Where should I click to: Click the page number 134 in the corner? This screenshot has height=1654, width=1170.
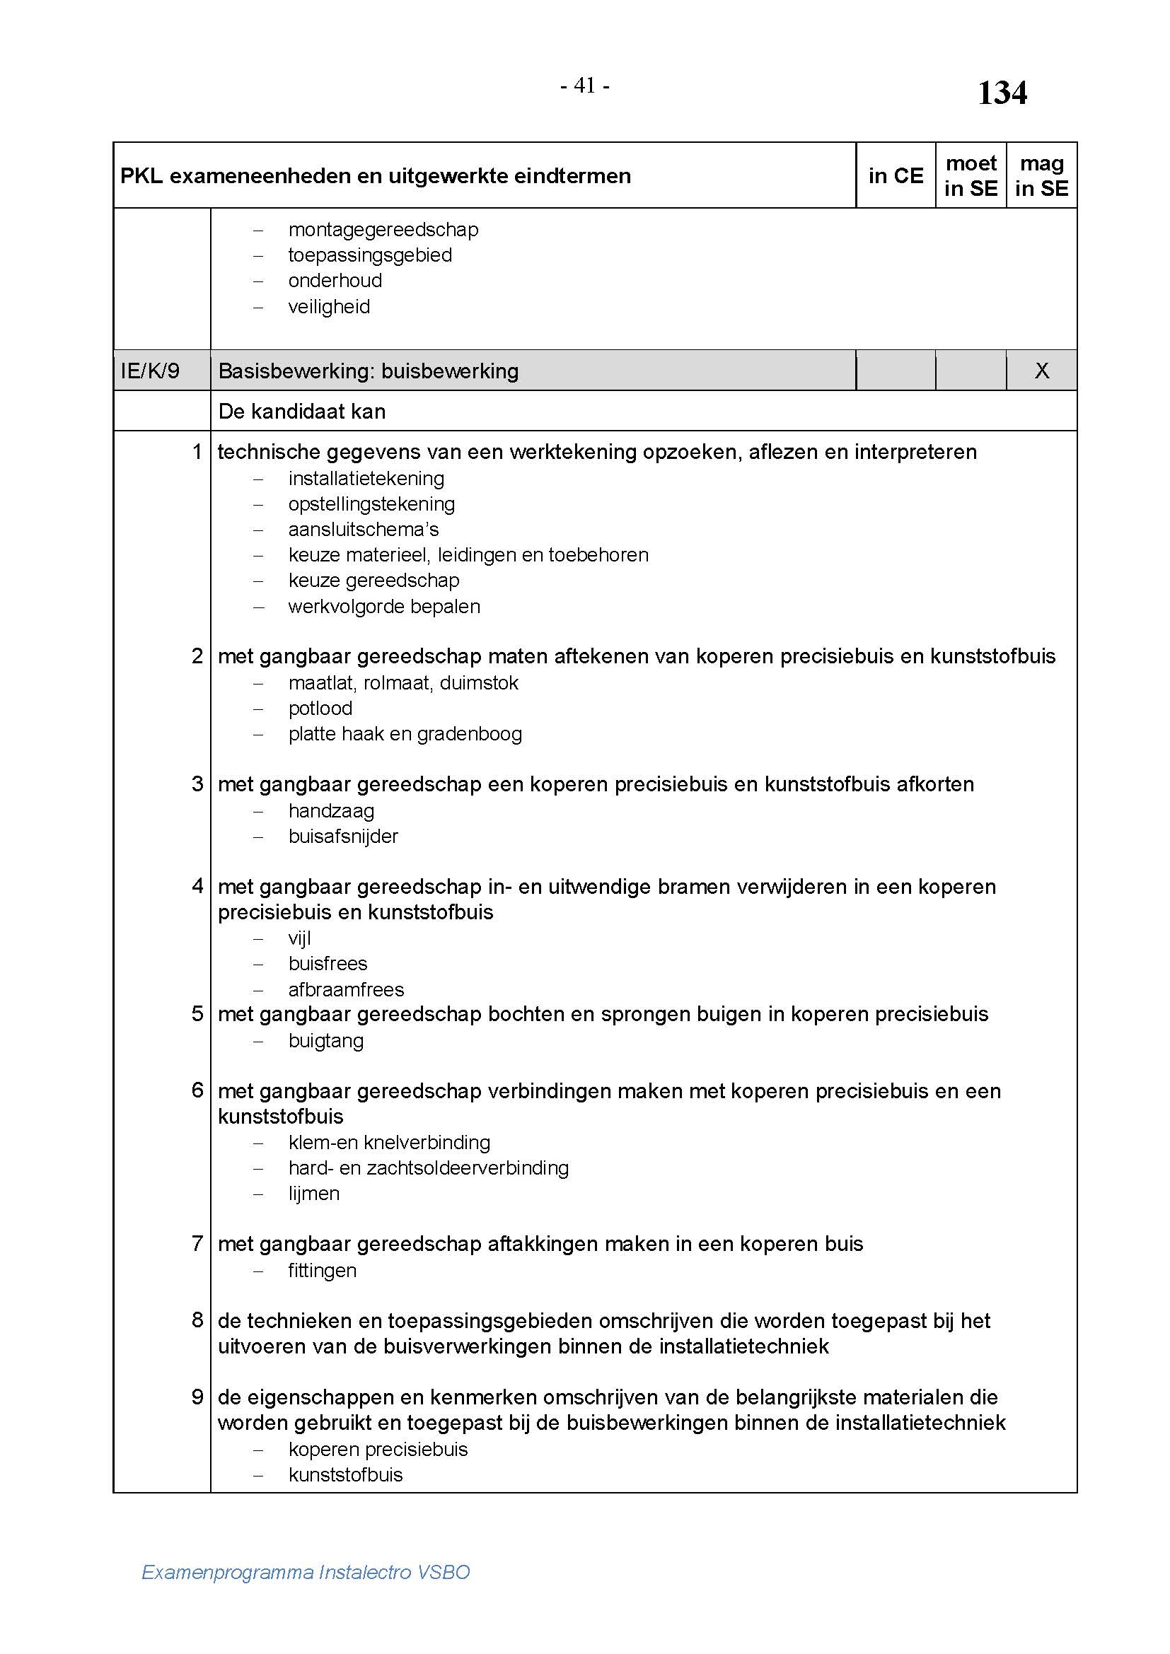pyautogui.click(x=1002, y=93)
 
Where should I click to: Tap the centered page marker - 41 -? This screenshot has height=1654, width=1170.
pyautogui.click(x=585, y=86)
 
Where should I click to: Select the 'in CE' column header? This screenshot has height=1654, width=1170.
pyautogui.click(x=896, y=176)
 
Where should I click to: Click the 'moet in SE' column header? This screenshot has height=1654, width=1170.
pyautogui.click(x=971, y=176)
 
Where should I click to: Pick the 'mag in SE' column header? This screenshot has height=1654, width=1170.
pyautogui.click(x=1041, y=176)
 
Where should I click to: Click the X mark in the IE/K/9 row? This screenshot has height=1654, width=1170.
pyautogui.click(x=1042, y=371)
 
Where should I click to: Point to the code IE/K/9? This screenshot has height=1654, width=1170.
pyautogui.click(x=150, y=371)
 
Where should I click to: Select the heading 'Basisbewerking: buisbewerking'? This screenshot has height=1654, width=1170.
pyautogui.click(x=368, y=371)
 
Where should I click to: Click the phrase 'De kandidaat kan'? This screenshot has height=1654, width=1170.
pyautogui.click(x=302, y=412)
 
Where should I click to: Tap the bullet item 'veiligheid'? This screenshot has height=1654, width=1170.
pyautogui.click(x=329, y=307)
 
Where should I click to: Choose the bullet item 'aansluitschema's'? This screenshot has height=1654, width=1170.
pyautogui.click(x=363, y=530)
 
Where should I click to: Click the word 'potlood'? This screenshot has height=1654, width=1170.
pyautogui.click(x=320, y=708)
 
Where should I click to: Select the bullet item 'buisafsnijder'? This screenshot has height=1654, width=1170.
pyautogui.click(x=343, y=837)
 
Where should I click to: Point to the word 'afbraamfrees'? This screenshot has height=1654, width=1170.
pyautogui.click(x=346, y=989)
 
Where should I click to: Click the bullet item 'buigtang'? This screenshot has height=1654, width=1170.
pyautogui.click(x=325, y=1041)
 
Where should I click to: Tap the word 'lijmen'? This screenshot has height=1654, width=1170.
pyautogui.click(x=313, y=1194)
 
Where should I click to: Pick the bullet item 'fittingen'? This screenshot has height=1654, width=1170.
pyautogui.click(x=322, y=1270)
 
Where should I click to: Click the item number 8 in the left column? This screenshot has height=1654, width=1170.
pyautogui.click(x=197, y=1320)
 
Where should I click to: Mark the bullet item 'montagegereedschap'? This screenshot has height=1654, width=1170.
pyautogui.click(x=383, y=230)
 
